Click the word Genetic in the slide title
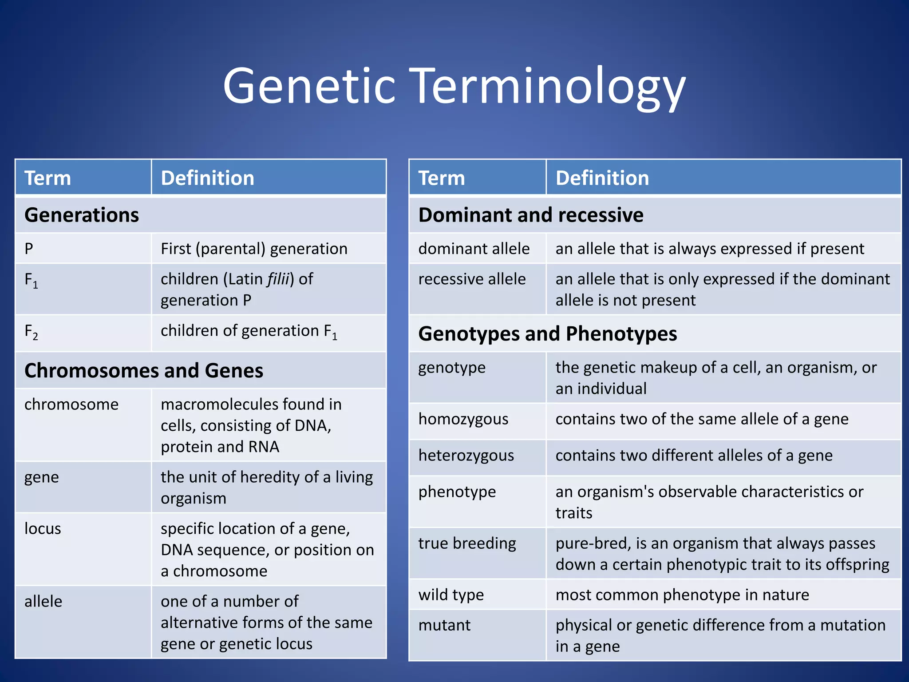[x=309, y=85]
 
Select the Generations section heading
[x=82, y=215]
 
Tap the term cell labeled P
[x=29, y=249]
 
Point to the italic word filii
[x=278, y=279]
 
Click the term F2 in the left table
[x=31, y=332]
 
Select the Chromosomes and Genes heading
[x=144, y=370]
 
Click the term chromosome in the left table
[x=71, y=404]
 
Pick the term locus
[x=43, y=528]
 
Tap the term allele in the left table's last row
[x=43, y=601]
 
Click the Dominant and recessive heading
[x=531, y=215]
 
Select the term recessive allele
[x=472, y=279]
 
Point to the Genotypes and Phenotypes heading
[x=547, y=333]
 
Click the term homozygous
[x=463, y=419]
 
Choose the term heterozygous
[x=466, y=456]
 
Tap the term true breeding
[x=467, y=543]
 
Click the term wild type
[x=451, y=595]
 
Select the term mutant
[x=444, y=625]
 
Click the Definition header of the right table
[x=602, y=178]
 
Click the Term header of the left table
[x=47, y=178]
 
